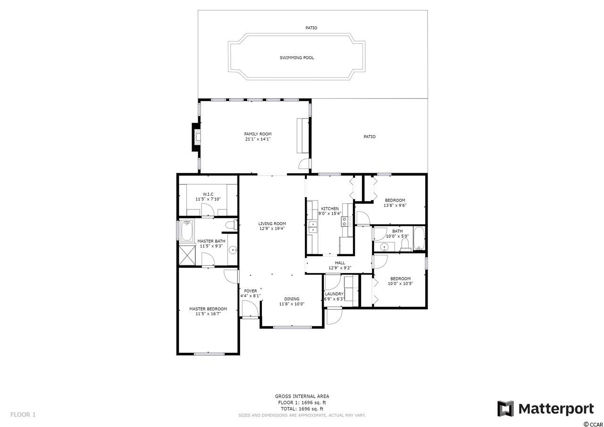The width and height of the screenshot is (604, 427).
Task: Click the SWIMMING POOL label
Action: pyautogui.click(x=297, y=58)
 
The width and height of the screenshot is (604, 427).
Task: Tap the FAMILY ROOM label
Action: pyautogui.click(x=258, y=134)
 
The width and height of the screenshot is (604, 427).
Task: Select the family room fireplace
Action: pyautogui.click(x=196, y=137)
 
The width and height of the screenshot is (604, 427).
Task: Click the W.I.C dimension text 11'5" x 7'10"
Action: pyautogui.click(x=208, y=199)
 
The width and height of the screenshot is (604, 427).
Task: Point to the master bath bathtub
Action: pyautogui.click(x=186, y=231)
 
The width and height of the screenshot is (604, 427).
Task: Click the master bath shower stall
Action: pyautogui.click(x=187, y=254)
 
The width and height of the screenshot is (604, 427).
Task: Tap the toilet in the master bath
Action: pyautogui.click(x=231, y=225)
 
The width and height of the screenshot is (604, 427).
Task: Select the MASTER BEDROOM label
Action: pyautogui.click(x=208, y=309)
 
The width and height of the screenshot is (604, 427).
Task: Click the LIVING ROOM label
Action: pyautogui.click(x=272, y=224)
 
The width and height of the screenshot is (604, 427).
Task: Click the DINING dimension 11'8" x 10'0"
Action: pyautogui.click(x=292, y=304)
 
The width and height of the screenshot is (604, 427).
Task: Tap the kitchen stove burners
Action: pyautogui.click(x=347, y=222)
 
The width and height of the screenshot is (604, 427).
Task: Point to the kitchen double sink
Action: pyautogui.click(x=313, y=227)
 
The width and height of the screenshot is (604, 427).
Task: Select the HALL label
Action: pyautogui.click(x=340, y=263)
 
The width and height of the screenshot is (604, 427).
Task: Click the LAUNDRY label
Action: pyautogui.click(x=334, y=294)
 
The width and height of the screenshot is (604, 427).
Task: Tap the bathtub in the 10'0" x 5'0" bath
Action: pyautogui.click(x=419, y=239)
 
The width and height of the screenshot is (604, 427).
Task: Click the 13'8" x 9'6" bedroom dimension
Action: pyautogui.click(x=395, y=205)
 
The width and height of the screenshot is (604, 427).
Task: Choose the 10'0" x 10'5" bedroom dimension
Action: pyautogui.click(x=401, y=284)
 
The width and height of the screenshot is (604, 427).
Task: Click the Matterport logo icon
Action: pyautogui.click(x=505, y=409)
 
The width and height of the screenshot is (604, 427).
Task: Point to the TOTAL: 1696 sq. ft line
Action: pyautogui.click(x=302, y=409)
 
